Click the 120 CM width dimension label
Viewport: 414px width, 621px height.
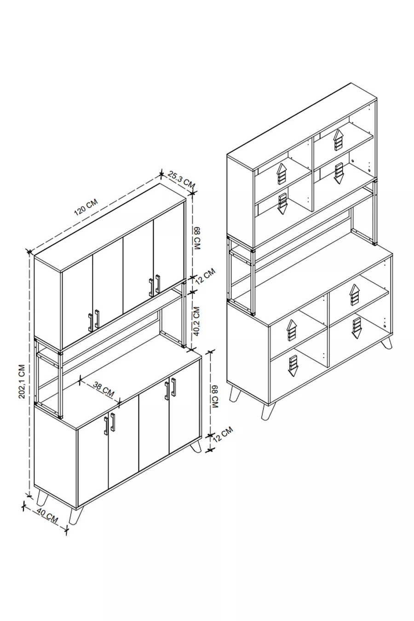coord(86,207)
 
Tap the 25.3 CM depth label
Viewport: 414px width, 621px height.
coord(182,180)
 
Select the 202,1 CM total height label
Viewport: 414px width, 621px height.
coord(22,381)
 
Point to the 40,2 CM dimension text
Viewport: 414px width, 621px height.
coord(196,321)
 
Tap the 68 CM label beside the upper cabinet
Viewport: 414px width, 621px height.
coord(196,238)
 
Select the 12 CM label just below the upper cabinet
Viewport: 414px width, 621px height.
coord(205,276)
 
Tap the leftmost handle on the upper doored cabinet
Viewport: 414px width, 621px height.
coord(91,323)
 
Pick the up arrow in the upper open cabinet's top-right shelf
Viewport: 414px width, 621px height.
coord(338,140)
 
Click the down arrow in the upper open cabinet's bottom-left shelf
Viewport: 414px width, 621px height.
coord(282,205)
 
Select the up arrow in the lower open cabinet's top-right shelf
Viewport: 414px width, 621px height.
coord(354,295)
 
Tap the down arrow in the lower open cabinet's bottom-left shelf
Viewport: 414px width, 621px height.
coord(292,367)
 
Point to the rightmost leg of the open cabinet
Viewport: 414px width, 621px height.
coord(387,343)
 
